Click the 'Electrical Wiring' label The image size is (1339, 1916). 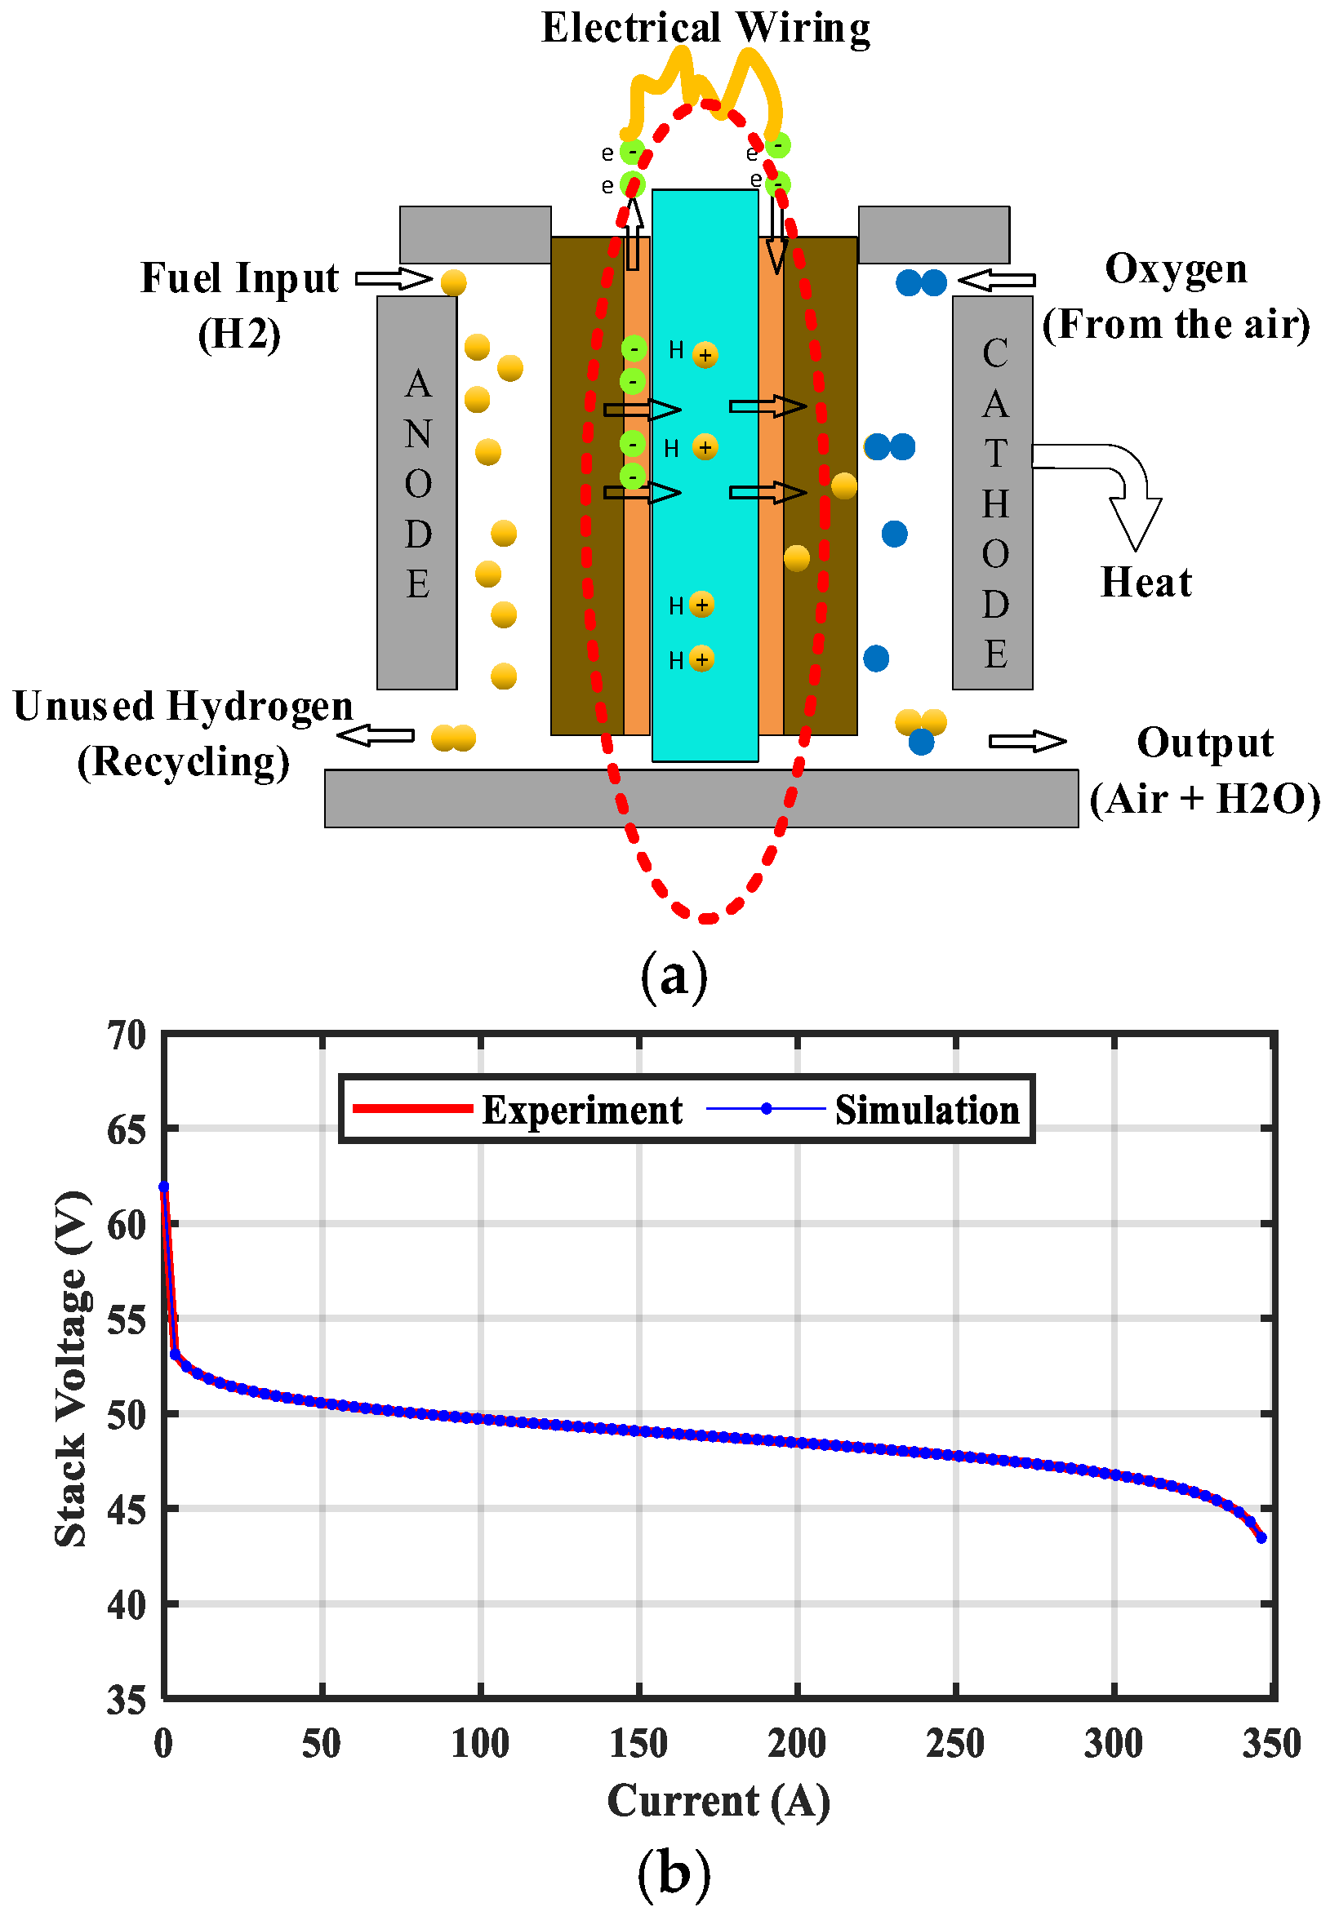pos(705,28)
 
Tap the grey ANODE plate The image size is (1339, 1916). pos(416,492)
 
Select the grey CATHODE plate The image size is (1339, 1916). pos(993,492)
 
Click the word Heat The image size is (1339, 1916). pos(1145,583)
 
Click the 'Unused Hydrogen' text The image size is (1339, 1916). pos(184,707)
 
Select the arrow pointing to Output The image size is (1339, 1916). pos(1027,741)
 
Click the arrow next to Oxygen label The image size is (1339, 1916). pos(997,281)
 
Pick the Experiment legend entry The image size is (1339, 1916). pos(518,1110)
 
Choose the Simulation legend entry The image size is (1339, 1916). pos(864,1110)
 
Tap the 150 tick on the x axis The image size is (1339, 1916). pos(638,1744)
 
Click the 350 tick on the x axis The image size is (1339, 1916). pos(1271,1744)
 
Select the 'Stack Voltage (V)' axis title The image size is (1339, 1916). pos(71,1368)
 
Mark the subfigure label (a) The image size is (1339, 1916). pos(674,974)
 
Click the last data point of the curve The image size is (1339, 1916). pos(1261,1538)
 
